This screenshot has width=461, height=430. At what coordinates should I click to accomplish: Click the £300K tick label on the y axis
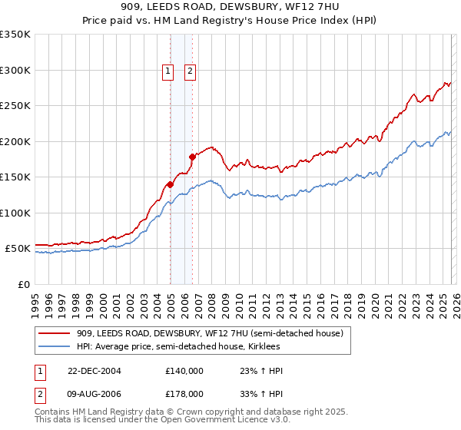(x=15, y=70)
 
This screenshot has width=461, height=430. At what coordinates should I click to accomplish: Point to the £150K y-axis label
(x=15, y=177)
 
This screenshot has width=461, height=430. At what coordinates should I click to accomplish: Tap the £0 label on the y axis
(x=24, y=284)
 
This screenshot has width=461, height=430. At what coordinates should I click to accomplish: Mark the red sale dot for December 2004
(x=170, y=184)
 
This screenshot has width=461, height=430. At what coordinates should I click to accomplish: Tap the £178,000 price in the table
(x=184, y=393)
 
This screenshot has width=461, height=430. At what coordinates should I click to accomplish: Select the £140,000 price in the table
(x=184, y=371)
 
